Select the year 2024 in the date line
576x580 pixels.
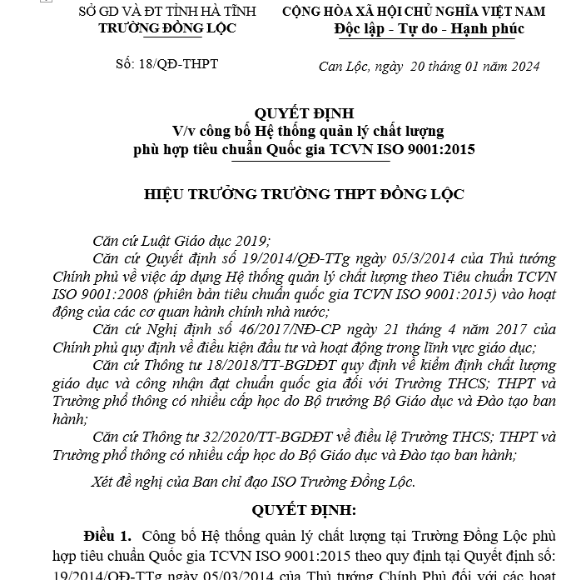click(524, 67)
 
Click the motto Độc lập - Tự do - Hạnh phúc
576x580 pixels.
click(428, 29)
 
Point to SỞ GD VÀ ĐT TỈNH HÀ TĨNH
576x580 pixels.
click(166, 12)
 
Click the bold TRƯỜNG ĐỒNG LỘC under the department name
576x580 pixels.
click(166, 28)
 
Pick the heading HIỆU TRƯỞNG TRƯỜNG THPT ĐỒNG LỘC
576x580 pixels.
click(304, 194)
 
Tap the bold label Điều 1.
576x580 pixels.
click(107, 535)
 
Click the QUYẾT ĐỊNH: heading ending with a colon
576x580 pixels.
click(304, 510)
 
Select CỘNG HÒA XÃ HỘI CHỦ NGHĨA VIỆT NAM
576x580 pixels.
click(414, 12)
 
